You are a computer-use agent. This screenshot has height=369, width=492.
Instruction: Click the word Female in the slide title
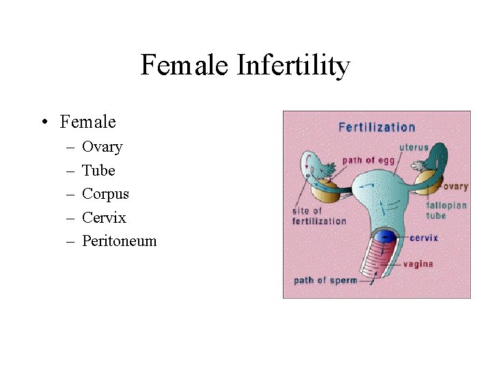(x=185, y=66)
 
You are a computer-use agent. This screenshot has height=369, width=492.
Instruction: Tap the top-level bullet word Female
(x=88, y=122)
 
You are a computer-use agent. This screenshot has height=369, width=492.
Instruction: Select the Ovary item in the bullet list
(x=102, y=147)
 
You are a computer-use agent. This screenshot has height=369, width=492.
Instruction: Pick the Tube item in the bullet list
(x=98, y=170)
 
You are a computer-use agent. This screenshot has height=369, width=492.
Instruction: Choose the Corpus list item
(x=105, y=193)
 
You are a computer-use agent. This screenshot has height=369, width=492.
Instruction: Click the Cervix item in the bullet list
(x=104, y=217)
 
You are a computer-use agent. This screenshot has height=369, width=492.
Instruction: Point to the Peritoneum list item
(x=119, y=241)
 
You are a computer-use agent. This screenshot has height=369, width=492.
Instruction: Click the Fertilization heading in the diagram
(x=377, y=127)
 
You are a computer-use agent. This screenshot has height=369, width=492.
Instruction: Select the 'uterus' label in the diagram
(x=414, y=148)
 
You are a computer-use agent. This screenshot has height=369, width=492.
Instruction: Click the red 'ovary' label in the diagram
(x=454, y=187)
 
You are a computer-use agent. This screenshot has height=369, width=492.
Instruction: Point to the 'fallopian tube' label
(x=446, y=210)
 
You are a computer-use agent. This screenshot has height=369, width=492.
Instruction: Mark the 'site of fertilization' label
(x=319, y=216)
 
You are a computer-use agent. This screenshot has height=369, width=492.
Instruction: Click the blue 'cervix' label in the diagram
(x=424, y=238)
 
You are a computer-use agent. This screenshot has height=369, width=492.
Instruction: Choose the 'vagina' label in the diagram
(x=418, y=264)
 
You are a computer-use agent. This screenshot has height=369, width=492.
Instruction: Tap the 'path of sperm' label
(x=325, y=280)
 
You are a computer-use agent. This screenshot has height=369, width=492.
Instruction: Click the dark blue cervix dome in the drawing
(x=387, y=237)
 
